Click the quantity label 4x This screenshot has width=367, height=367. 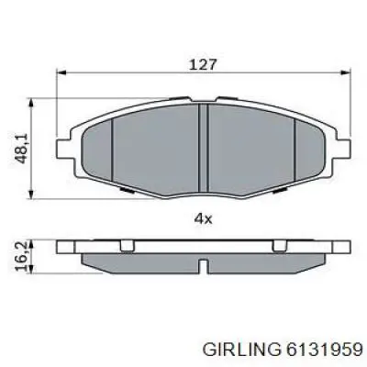point(202,218)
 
